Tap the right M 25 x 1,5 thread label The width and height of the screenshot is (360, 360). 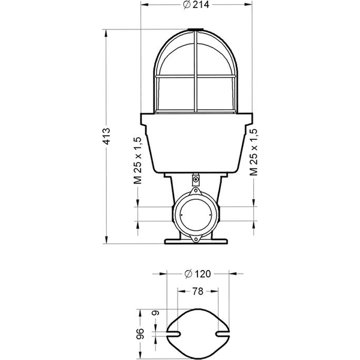coord(254,151)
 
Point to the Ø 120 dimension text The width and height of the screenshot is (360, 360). coord(196,274)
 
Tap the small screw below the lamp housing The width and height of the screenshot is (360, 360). coord(196,179)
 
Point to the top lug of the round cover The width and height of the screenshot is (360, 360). coord(196,191)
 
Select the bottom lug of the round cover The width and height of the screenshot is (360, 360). coord(196,238)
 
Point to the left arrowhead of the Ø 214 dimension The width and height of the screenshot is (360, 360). coord(143,5)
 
